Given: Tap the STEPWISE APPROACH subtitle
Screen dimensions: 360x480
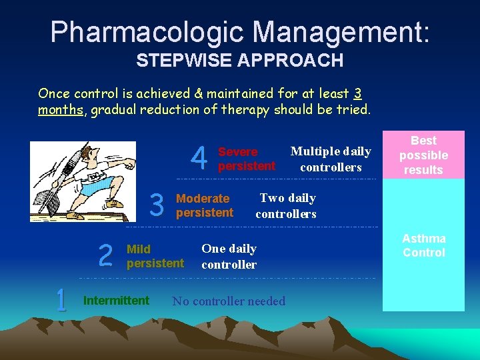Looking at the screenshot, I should click(240, 61).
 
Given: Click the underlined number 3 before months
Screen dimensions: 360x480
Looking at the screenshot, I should click(358, 93).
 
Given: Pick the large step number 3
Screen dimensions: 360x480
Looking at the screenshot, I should click(157, 205).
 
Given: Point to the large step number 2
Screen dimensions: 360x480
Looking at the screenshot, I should click(105, 255).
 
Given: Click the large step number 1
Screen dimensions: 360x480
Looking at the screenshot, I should click(61, 301).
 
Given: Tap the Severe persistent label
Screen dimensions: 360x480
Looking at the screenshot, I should click(246, 159).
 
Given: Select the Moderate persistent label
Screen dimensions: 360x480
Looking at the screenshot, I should click(204, 205).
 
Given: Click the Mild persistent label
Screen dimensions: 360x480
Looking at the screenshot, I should click(155, 256).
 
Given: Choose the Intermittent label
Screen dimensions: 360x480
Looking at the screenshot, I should click(116, 301).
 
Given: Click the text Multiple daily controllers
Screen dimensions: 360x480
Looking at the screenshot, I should click(331, 159).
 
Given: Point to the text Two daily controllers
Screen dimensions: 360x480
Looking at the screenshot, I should click(286, 205).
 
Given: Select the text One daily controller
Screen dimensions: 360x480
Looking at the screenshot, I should click(229, 256).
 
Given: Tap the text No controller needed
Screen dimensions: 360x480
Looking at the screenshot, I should click(229, 301).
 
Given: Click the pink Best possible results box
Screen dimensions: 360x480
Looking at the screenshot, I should click(423, 155).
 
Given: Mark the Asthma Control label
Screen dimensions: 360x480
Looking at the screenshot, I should click(423, 245).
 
